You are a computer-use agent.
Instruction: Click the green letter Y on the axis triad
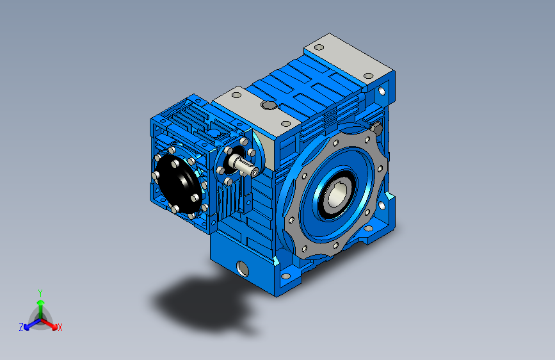[x=40, y=293]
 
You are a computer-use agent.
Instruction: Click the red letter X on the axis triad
[x=60, y=328]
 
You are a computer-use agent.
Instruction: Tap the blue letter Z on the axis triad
[x=21, y=327]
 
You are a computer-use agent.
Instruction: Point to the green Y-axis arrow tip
[x=41, y=302]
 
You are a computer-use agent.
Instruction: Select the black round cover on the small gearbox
[x=179, y=184]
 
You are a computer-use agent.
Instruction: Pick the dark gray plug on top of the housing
[x=269, y=105]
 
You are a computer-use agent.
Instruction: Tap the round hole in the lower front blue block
[x=243, y=268]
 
